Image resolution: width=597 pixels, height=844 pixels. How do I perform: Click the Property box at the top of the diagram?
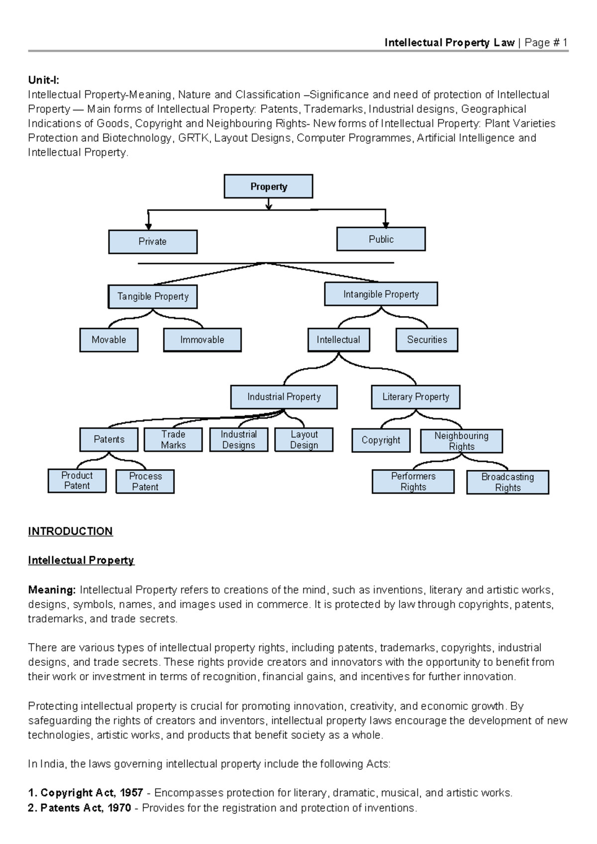(268, 186)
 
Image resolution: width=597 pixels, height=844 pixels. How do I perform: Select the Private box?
(153, 241)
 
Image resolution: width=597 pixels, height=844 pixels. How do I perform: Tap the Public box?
(381, 239)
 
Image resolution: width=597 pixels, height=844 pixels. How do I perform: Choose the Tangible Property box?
(153, 297)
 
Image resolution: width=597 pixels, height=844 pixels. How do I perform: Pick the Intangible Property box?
(381, 294)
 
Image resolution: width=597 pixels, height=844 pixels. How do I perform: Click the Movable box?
(109, 340)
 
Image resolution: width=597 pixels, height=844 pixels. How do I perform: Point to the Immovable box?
(202, 340)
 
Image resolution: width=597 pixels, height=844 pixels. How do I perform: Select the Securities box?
(427, 340)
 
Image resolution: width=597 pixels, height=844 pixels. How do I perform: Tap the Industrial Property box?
(284, 397)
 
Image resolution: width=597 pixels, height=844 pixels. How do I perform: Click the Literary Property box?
(415, 397)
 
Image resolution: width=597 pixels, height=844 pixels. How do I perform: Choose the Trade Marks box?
(173, 439)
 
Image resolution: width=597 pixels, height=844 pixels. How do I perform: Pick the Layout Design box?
(303, 439)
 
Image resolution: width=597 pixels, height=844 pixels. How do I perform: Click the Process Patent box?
(145, 481)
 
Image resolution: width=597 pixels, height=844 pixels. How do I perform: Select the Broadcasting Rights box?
(507, 482)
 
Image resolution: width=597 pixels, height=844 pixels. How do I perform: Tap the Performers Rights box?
(413, 481)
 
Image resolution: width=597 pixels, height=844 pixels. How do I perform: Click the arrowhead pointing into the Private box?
(148, 226)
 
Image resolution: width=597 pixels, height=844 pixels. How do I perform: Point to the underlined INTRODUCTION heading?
(71, 531)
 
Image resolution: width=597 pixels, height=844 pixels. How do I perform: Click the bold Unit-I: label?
(44, 80)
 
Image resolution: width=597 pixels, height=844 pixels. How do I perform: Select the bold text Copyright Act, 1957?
(92, 792)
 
